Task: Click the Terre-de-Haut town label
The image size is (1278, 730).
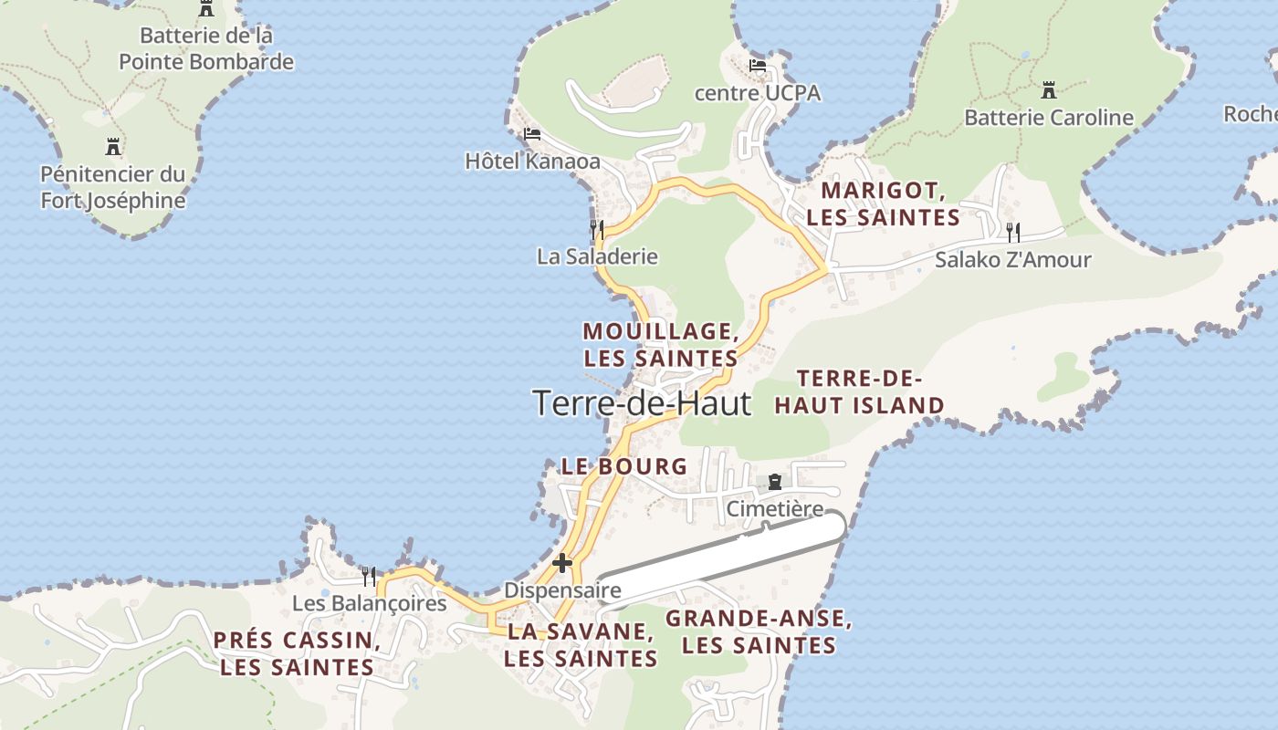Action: point(642,402)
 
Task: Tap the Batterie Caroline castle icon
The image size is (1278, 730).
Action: point(1049,90)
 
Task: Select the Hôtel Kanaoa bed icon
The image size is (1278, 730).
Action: point(532,134)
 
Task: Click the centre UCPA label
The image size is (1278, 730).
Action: point(757,93)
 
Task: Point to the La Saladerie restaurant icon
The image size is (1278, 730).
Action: point(597,228)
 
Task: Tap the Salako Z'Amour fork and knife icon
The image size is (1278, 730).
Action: point(1012,232)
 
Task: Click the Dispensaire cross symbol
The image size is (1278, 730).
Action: point(562,563)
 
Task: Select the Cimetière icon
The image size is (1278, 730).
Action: point(775,482)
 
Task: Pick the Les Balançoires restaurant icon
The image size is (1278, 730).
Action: point(369,576)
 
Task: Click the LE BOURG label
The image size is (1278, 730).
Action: point(624,466)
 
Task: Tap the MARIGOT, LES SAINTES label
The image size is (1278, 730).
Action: point(883,204)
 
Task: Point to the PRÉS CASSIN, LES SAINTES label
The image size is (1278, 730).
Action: point(297,653)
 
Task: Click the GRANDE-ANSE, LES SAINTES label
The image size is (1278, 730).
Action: point(759,631)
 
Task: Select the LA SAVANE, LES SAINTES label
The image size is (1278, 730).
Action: point(581,644)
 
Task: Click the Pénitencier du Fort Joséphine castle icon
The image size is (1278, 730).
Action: point(113,146)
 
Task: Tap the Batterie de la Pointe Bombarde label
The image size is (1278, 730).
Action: point(206,49)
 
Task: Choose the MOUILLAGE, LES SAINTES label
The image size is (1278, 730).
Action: point(661,344)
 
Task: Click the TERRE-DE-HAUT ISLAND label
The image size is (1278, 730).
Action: point(859,391)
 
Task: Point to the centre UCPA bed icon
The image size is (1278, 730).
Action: point(757,66)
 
